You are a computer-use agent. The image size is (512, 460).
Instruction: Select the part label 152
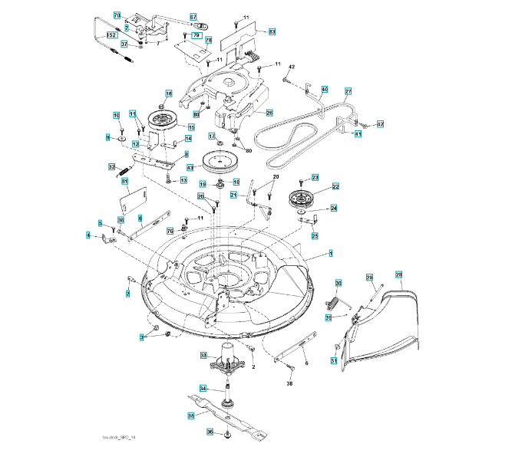coord(111,35)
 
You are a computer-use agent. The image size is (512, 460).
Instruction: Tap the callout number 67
coord(193,16)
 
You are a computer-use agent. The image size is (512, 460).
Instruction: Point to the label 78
coord(208,40)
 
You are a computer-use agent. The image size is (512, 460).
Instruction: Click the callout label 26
coord(269,113)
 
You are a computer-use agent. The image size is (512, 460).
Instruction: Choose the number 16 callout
coord(169,94)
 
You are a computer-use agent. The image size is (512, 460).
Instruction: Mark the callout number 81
coord(125,181)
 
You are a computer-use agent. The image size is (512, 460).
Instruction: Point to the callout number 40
coord(325,90)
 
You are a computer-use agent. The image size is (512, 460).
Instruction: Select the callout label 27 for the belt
coord(348,92)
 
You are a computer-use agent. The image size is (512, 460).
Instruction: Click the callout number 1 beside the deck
coord(331,252)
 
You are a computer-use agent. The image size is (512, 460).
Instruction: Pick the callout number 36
coord(210,432)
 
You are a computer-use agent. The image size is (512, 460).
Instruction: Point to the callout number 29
coord(398,274)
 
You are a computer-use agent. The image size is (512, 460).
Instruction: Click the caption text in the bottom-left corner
coord(119,438)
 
